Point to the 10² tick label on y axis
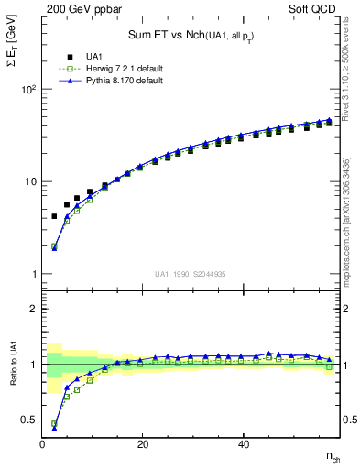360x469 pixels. pyautogui.click(x=27, y=90)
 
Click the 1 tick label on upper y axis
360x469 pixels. pyautogui.click(x=32, y=274)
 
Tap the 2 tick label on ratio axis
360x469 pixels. pyautogui.click(x=33, y=309)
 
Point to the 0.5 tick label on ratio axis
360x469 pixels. pyautogui.click(x=29, y=420)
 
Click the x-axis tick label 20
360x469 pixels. pyautogui.click(x=143, y=444)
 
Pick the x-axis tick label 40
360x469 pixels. pyautogui.click(x=243, y=444)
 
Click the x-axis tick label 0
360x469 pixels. pyautogui.click(x=43, y=444)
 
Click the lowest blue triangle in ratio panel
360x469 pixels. pyautogui.click(x=54, y=427)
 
